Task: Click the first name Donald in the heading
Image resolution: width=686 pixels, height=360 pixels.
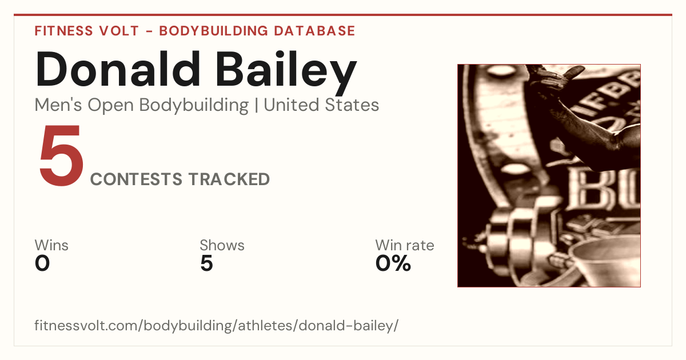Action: click(118, 69)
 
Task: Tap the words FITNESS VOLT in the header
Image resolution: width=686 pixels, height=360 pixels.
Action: click(87, 31)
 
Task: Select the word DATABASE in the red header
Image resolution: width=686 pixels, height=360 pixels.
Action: click(314, 31)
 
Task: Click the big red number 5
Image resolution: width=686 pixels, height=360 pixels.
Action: click(61, 155)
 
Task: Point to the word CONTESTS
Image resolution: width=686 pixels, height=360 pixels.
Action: click(136, 179)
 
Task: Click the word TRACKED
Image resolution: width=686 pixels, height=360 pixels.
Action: click(229, 179)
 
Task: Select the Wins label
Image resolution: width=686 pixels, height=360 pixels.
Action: click(51, 245)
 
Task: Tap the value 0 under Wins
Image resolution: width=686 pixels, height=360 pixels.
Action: click(42, 263)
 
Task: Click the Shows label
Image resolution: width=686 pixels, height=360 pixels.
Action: click(222, 245)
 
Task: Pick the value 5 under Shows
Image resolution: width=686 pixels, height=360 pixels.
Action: click(206, 263)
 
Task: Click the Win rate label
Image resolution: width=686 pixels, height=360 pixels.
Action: click(405, 245)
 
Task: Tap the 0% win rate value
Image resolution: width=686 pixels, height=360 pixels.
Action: click(393, 263)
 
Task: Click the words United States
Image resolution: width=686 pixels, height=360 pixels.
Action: click(321, 105)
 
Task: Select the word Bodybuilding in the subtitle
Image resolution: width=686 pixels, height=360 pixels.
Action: click(194, 106)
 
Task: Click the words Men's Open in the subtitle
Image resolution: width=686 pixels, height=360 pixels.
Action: click(84, 106)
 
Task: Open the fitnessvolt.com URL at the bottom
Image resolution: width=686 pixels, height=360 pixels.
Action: click(216, 326)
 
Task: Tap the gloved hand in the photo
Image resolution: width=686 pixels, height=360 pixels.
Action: click(555, 78)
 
